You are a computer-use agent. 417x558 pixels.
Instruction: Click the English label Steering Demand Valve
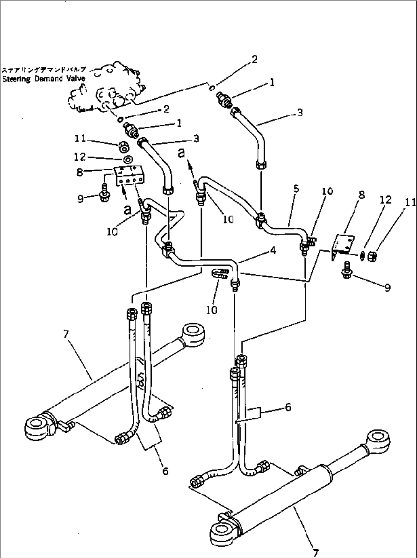tap(44, 79)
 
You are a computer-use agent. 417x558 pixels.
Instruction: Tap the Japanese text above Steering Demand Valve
tap(44, 70)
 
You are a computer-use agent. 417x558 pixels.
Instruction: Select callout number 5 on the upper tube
tap(296, 189)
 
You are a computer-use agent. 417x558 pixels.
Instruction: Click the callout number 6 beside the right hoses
tap(288, 407)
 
